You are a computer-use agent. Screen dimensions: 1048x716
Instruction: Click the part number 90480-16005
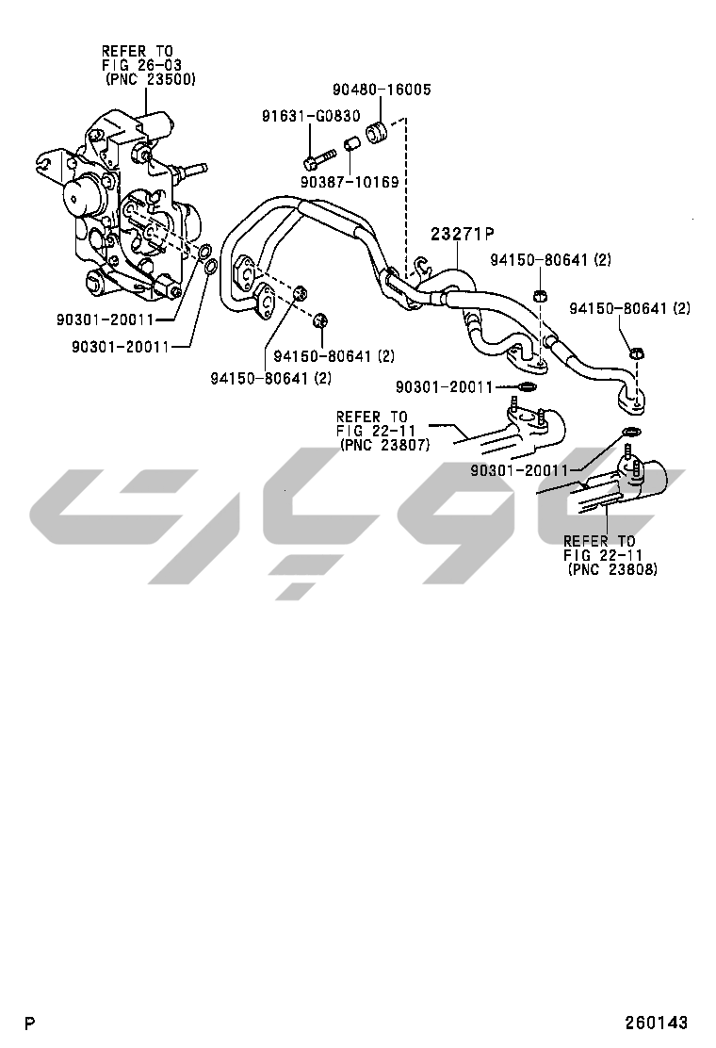[x=381, y=90]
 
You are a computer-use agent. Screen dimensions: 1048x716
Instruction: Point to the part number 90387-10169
[x=350, y=181]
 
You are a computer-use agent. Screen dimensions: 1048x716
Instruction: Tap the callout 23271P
[x=464, y=234]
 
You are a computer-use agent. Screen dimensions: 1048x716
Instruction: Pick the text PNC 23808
[x=612, y=569]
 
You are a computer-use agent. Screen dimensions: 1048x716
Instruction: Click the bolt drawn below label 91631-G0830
[x=317, y=156]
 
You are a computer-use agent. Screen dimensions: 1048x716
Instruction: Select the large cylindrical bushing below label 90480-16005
[x=379, y=133]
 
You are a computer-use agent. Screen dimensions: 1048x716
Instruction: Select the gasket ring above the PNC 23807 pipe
[x=528, y=385]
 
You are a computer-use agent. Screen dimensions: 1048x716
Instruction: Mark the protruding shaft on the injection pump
[x=194, y=171]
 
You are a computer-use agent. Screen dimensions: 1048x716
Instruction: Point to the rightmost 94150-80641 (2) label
[x=629, y=308]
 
